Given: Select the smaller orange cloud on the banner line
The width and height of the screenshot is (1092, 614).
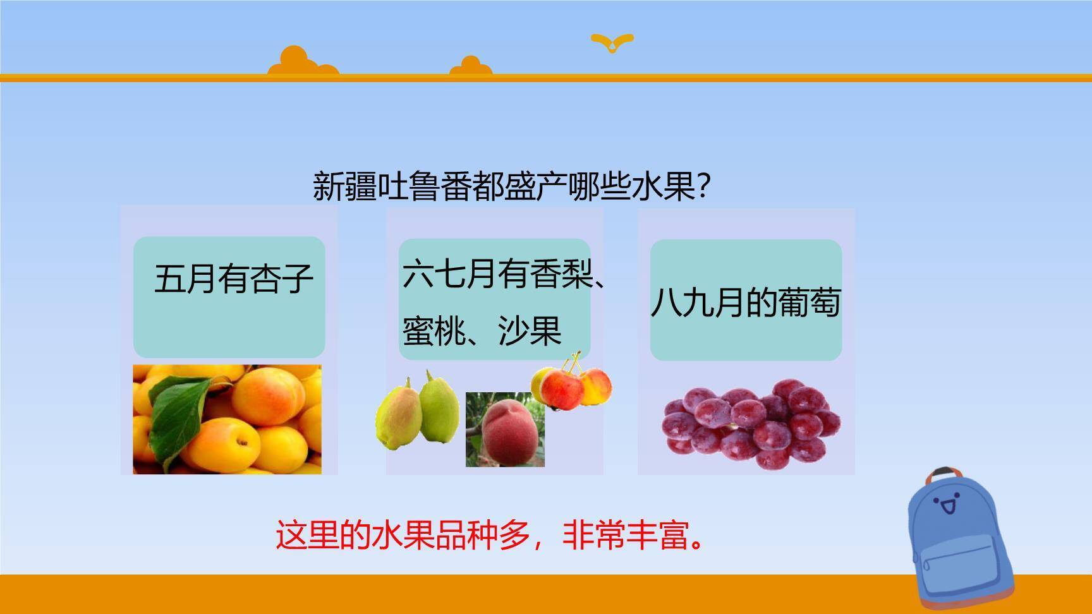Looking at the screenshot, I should coord(471,66).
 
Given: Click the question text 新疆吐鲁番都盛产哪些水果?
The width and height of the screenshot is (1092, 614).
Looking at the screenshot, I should coord(513,186).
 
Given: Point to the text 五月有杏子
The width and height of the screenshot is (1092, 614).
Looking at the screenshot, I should coord(234,279).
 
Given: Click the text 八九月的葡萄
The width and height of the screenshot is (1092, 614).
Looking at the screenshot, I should coord(746,302).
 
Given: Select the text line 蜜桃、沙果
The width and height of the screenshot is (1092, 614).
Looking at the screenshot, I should coord(482,330).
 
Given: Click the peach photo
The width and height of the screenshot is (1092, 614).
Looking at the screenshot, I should coord(506,430).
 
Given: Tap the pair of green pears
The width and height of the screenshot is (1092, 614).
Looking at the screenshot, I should coord(417,411).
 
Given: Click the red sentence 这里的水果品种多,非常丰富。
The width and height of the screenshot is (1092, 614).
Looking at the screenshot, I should coord(490,535).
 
